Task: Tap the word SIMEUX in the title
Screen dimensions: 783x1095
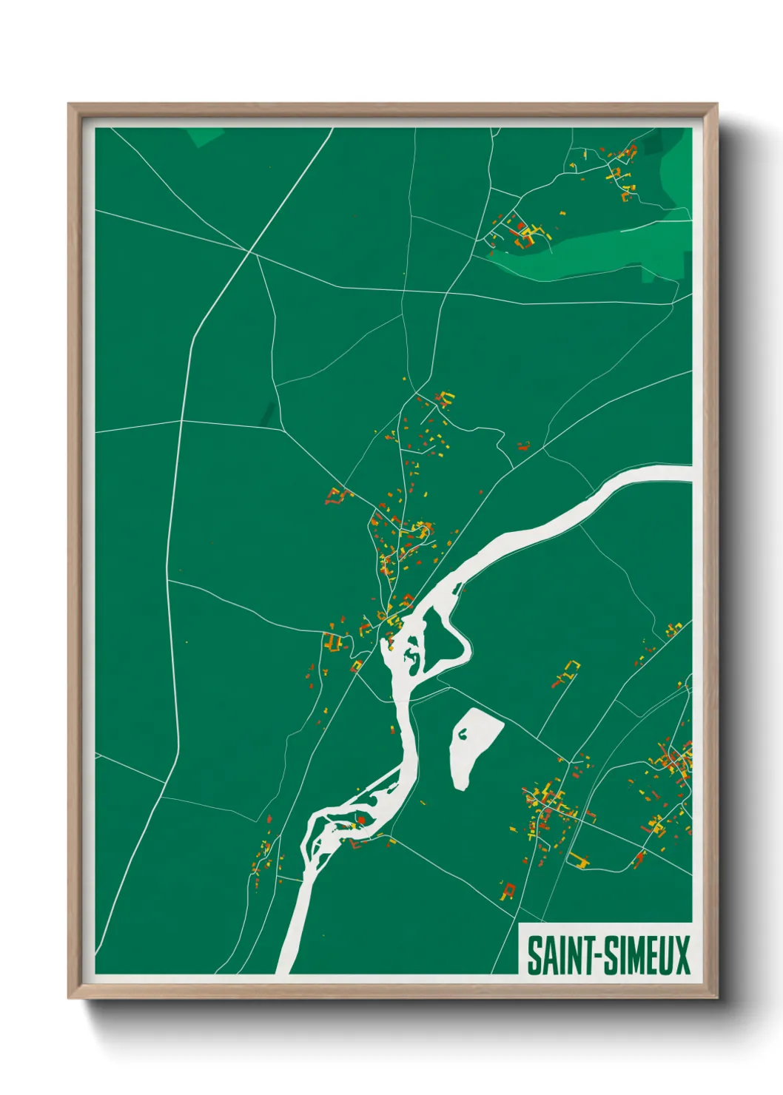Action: (648, 955)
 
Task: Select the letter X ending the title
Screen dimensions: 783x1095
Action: (682, 955)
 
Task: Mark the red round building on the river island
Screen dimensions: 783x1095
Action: (362, 820)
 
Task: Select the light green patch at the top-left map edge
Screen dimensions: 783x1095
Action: (204, 136)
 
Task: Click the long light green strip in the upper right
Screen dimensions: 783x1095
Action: (592, 256)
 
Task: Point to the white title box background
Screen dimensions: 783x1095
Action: (605, 932)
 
